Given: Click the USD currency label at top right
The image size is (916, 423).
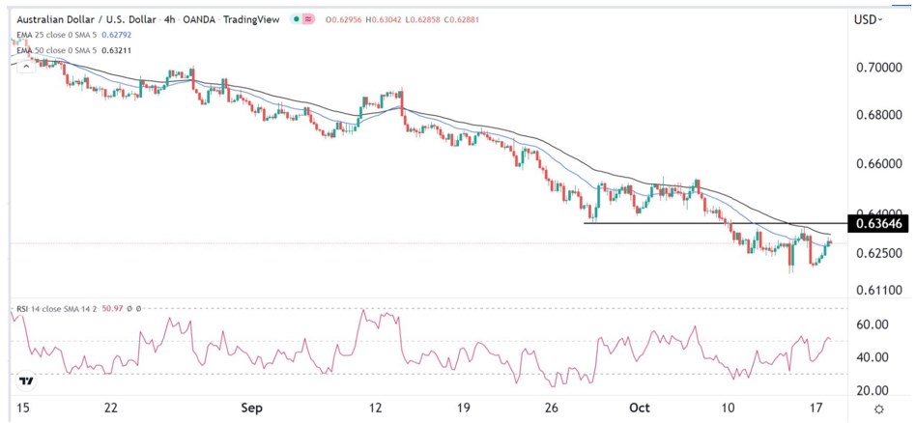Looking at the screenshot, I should pos(871,19).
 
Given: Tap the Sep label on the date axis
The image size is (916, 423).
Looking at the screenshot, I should pos(252,409).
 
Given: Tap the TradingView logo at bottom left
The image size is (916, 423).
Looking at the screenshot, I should pos(26,381).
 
